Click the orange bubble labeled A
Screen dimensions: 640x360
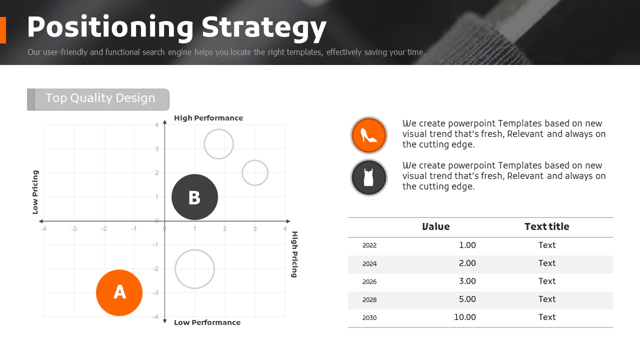(x=119, y=292)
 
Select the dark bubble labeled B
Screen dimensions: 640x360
(x=194, y=197)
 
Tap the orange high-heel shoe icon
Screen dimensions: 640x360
(x=369, y=135)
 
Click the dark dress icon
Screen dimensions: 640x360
(x=369, y=177)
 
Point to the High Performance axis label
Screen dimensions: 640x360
(x=208, y=118)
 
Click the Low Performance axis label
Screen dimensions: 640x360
(x=207, y=322)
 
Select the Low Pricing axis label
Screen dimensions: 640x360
(x=35, y=192)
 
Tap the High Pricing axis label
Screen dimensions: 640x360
(x=294, y=254)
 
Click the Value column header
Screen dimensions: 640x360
(x=435, y=226)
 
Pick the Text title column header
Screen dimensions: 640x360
(x=547, y=226)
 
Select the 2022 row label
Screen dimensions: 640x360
(x=369, y=245)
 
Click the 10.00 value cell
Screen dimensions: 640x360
(x=465, y=317)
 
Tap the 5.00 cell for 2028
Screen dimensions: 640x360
(x=467, y=299)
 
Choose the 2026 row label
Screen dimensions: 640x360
(x=369, y=281)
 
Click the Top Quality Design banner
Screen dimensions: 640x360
(x=98, y=99)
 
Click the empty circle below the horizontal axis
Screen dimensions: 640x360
(x=194, y=250)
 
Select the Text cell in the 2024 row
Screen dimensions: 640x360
(x=547, y=263)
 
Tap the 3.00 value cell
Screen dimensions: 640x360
(x=467, y=281)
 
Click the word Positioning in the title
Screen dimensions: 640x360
(x=110, y=27)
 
